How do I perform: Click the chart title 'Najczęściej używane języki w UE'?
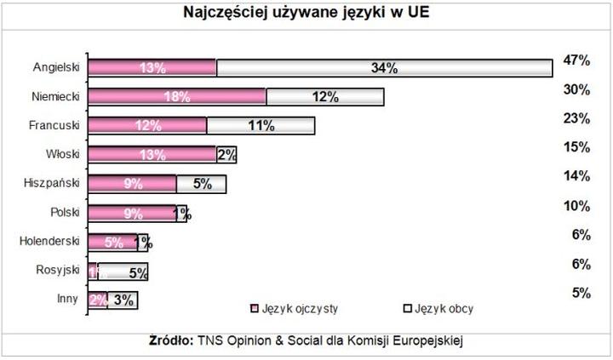click(x=306, y=13)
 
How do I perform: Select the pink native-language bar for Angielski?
click(x=152, y=68)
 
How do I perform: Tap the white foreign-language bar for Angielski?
click(x=385, y=68)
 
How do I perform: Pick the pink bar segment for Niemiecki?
click(x=177, y=97)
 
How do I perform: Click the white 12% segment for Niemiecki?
click(x=324, y=97)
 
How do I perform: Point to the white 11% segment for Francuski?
click(x=261, y=126)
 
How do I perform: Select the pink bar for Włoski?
click(x=152, y=155)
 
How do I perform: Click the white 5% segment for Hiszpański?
click(x=201, y=184)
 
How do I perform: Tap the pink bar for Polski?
click(x=132, y=213)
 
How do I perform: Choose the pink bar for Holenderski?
click(x=112, y=242)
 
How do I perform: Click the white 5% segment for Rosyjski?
click(x=123, y=271)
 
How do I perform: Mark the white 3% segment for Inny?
click(x=122, y=300)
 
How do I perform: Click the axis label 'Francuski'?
click(x=54, y=125)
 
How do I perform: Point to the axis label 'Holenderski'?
click(x=49, y=242)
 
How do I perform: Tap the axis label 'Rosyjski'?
click(x=56, y=271)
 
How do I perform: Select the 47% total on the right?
click(x=576, y=60)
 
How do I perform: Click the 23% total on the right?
click(x=576, y=119)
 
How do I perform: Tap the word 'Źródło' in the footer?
click(x=176, y=340)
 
